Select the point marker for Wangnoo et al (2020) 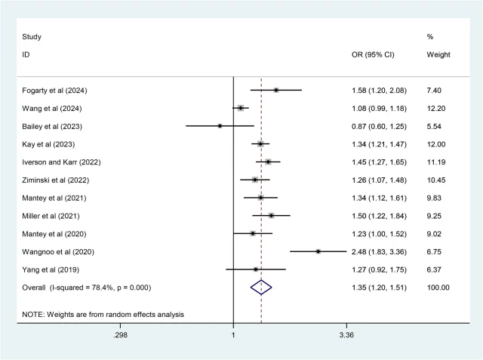(x=318, y=251)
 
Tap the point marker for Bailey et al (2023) (x=220, y=126)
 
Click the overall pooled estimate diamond (x=261, y=287)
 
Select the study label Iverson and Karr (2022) (x=61, y=162)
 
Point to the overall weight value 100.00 (x=438, y=287)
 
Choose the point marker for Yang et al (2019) (x=256, y=269)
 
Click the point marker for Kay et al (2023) (x=260, y=144)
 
